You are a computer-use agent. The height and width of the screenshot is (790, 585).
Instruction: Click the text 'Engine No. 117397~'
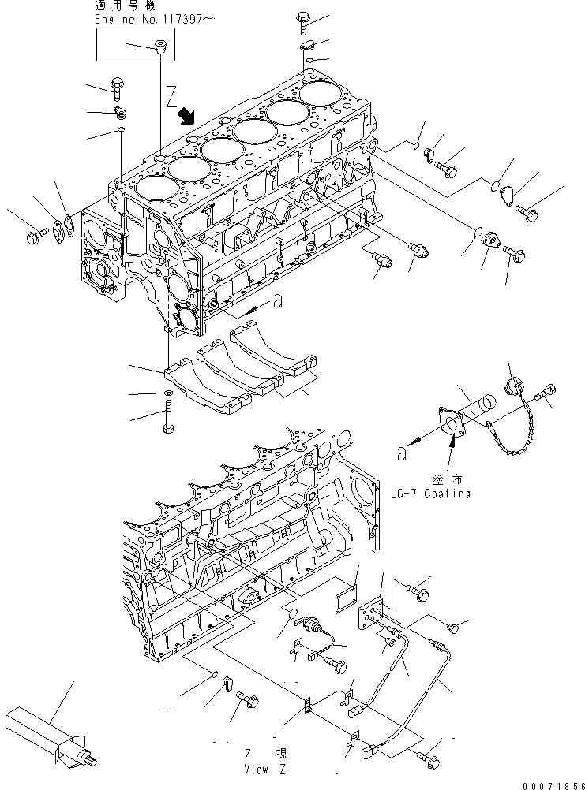click(154, 20)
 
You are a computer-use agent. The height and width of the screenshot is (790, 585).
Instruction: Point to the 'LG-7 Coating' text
click(431, 494)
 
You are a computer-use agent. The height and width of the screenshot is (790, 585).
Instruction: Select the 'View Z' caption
click(264, 770)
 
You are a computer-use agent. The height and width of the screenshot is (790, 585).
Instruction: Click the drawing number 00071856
click(553, 785)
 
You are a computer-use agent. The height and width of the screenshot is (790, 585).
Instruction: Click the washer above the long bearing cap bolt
click(168, 393)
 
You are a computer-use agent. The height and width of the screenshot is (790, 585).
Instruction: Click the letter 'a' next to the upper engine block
click(278, 302)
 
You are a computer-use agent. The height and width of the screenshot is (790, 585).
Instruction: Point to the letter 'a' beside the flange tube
click(402, 454)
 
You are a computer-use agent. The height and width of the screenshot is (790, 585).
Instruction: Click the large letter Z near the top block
click(171, 97)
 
